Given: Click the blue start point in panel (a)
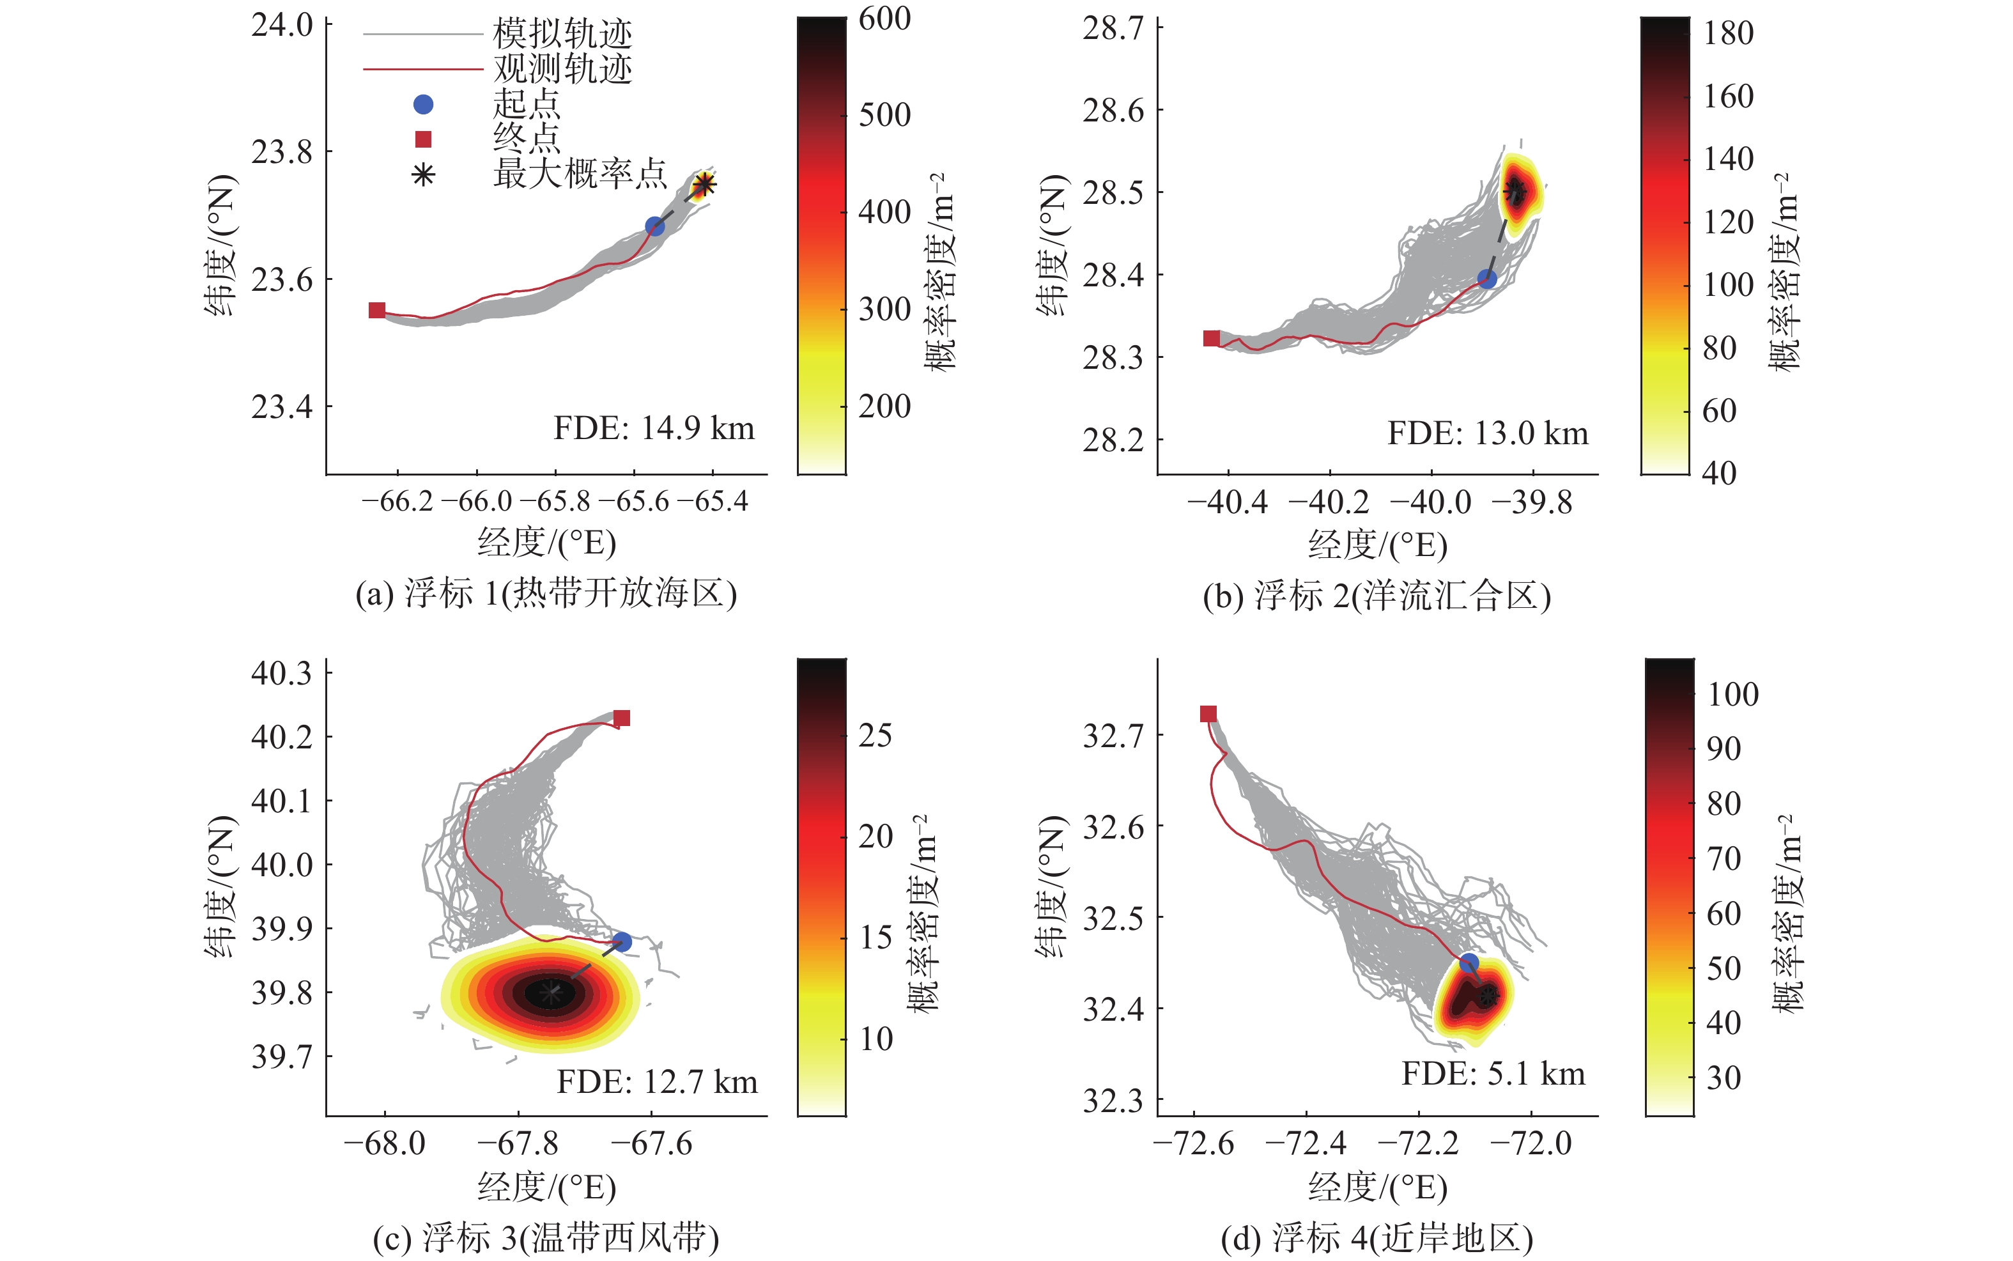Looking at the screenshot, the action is [x=654, y=226].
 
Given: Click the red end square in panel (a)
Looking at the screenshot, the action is [x=377, y=310].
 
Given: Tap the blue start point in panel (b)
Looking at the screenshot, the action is [x=1487, y=279].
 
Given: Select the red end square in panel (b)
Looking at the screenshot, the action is [x=1212, y=337].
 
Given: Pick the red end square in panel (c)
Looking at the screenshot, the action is [x=621, y=718].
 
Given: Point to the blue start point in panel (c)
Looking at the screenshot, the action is [x=621, y=943].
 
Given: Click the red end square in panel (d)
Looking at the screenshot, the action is [x=1208, y=714].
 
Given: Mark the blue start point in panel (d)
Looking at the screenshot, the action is [x=1469, y=964].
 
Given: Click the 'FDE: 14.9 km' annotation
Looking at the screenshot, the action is [x=654, y=429].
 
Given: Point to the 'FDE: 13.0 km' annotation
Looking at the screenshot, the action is [x=1488, y=434].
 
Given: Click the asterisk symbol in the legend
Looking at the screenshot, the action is [x=424, y=175].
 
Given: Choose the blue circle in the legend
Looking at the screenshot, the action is [x=424, y=104].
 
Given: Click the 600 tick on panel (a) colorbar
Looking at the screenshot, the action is [x=884, y=19].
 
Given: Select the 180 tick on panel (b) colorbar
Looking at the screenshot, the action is [x=1728, y=33].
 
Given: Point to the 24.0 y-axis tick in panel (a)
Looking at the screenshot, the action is [x=282, y=26].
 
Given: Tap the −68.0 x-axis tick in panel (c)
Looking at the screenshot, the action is [x=385, y=1143].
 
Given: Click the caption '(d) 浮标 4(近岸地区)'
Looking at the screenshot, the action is [x=1377, y=1239].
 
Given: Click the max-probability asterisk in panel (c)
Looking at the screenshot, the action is [x=550, y=993].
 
